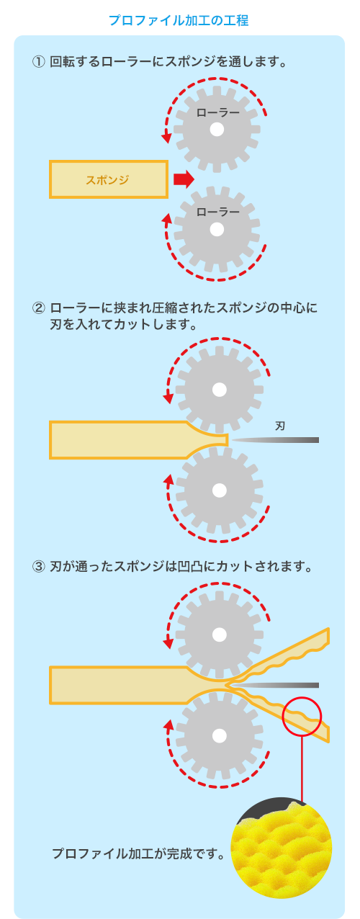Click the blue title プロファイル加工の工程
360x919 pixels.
(179, 20)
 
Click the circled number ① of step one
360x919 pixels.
(38, 62)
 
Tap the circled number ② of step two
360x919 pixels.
(38, 308)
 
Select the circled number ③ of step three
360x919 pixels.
(38, 567)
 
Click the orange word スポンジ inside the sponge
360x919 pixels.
(107, 180)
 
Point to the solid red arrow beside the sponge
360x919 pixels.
(184, 179)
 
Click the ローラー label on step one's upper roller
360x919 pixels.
(217, 112)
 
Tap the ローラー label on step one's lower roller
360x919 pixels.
(217, 212)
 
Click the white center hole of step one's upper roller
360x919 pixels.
(217, 130)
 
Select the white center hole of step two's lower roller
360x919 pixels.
(220, 490)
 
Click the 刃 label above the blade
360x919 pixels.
(280, 426)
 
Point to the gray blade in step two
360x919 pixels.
(275, 440)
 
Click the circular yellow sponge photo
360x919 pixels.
(282, 848)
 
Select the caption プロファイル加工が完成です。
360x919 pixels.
(138, 853)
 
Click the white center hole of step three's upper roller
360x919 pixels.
(220, 635)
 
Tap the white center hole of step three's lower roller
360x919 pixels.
(220, 735)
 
